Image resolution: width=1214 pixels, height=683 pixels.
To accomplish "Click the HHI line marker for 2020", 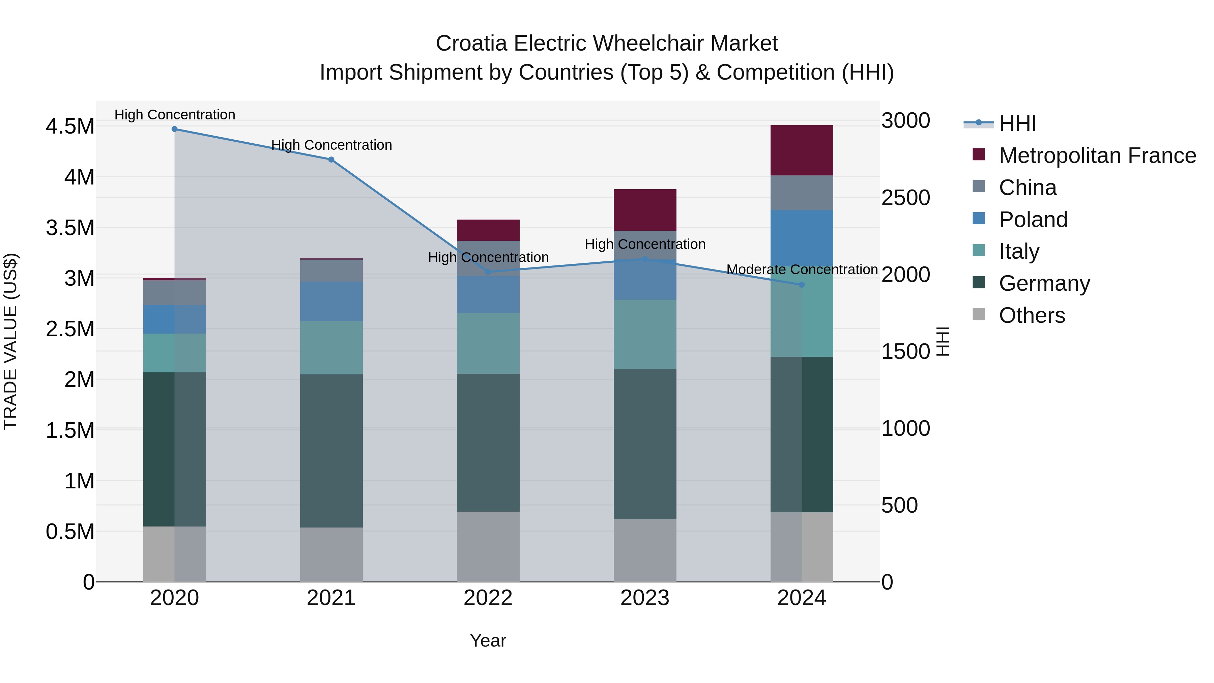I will [x=174, y=129].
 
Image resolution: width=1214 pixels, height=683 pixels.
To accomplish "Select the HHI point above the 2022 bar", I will [x=488, y=272].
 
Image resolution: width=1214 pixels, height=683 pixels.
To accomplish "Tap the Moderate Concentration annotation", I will [x=802, y=269].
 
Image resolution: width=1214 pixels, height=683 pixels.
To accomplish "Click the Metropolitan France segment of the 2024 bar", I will [x=802, y=150].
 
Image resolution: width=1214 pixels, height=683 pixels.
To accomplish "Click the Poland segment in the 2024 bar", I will [x=802, y=238].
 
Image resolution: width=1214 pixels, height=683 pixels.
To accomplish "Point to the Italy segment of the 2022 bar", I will [x=488, y=343].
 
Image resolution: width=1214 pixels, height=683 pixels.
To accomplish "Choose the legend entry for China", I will [x=1028, y=188].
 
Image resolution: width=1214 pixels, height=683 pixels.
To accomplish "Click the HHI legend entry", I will [x=1017, y=123].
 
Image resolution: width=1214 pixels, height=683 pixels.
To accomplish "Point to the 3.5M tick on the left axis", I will [x=70, y=228].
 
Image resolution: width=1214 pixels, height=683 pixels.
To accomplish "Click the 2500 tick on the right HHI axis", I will [x=905, y=198].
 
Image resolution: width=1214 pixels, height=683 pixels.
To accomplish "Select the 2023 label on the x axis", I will [x=645, y=598].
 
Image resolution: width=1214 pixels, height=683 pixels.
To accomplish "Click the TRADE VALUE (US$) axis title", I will [x=11, y=341].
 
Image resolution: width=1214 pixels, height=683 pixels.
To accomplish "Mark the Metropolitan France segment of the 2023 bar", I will [x=645, y=210].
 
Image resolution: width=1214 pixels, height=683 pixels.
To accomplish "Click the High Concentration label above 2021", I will [x=331, y=145].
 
